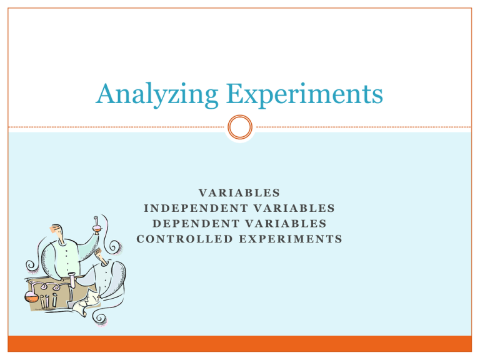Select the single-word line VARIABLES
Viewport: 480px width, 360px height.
click(239, 193)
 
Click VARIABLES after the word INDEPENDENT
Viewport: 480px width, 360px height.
click(293, 208)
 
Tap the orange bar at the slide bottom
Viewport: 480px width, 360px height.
click(240, 344)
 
